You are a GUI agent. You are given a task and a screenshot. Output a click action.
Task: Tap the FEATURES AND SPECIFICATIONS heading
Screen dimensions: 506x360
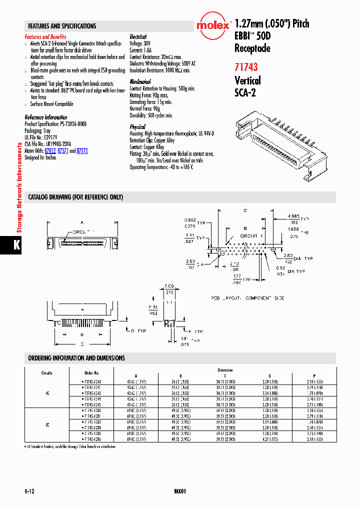pos(62,26)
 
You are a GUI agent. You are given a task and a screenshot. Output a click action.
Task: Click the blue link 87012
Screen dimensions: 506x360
pos(49,150)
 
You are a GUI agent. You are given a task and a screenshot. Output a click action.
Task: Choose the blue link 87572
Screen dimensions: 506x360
pos(82,150)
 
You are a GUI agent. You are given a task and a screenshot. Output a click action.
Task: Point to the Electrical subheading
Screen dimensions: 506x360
pos(138,37)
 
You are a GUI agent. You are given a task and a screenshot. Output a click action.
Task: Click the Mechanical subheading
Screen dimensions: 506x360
pos(140,81)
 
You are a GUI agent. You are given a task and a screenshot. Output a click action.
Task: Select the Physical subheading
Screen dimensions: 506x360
pos(137,127)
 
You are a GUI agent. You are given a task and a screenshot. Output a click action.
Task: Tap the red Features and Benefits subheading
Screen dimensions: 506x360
pos(45,37)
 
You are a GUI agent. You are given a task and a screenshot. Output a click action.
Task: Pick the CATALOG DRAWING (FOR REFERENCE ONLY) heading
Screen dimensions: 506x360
pos(75,197)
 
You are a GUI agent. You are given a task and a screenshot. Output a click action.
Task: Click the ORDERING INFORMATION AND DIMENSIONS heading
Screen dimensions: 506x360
pos(76,358)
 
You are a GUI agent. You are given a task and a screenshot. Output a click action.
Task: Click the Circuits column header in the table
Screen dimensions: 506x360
pos(46,373)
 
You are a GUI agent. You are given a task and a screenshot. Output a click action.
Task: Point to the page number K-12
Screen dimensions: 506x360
pos(29,491)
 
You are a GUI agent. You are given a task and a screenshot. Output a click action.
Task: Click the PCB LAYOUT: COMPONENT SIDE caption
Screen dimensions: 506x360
pos(247,298)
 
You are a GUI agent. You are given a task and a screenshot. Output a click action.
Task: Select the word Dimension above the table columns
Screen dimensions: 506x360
pos(224,370)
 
